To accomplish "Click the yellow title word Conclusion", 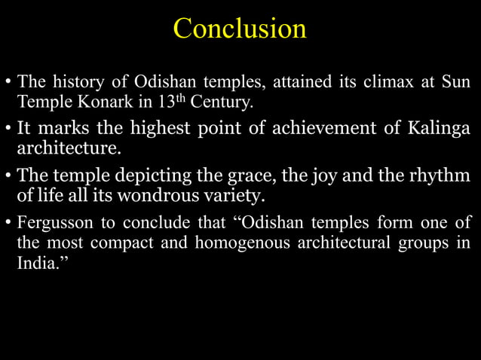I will pyautogui.click(x=240, y=29).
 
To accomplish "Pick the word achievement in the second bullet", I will pyautogui.click(x=334, y=128).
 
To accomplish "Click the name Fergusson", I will pyautogui.click(x=54, y=223).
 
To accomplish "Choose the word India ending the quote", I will pyautogui.click(x=36, y=262).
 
